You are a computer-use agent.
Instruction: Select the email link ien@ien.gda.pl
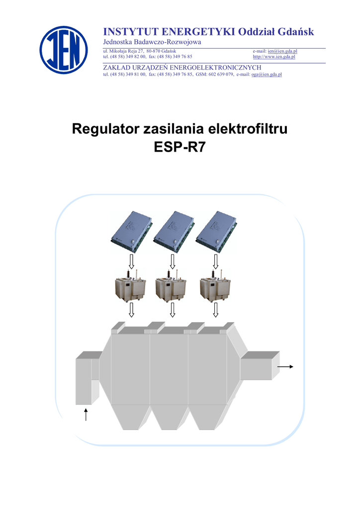pyautogui.click(x=282, y=51)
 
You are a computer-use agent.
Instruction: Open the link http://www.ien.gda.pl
pyautogui.click(x=274, y=57)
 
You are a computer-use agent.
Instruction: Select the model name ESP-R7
pyautogui.click(x=180, y=148)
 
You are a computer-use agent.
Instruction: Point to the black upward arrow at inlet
pyautogui.click(x=87, y=414)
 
